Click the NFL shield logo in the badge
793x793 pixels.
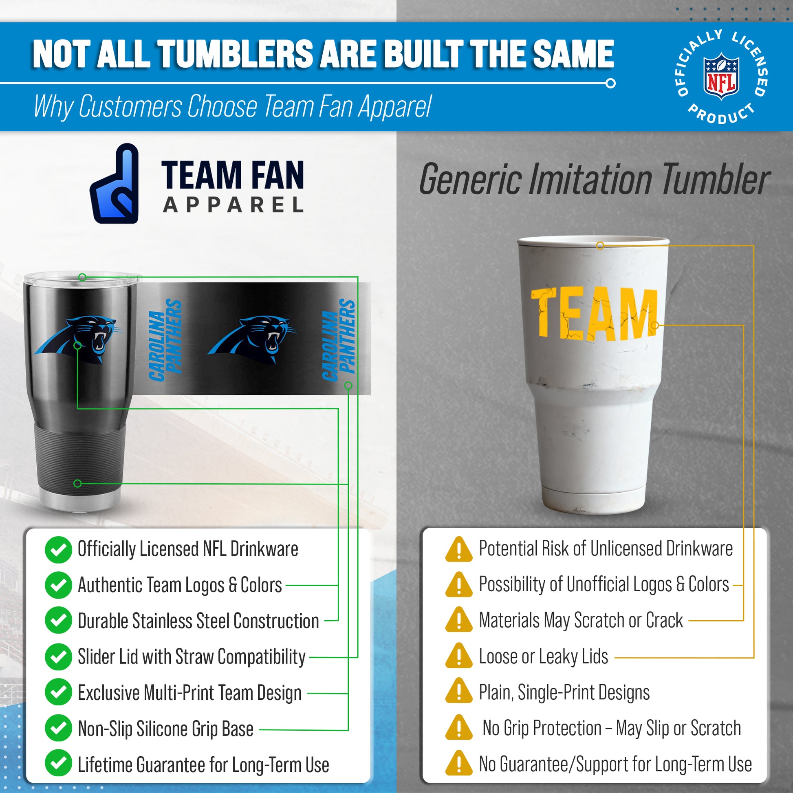(721, 76)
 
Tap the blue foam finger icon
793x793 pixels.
(115, 183)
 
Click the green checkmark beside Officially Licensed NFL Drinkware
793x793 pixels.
(58, 550)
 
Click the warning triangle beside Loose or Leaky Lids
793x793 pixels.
(459, 656)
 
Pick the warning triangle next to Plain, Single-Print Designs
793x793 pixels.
(459, 691)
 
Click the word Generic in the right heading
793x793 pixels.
(470, 180)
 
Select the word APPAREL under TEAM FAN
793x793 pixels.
(233, 205)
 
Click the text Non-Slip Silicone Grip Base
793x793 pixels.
(165, 729)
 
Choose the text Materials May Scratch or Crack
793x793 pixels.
(581, 620)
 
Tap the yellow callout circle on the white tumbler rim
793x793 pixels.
(600, 245)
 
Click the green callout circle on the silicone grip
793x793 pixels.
(77, 484)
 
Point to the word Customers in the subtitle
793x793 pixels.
(130, 106)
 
